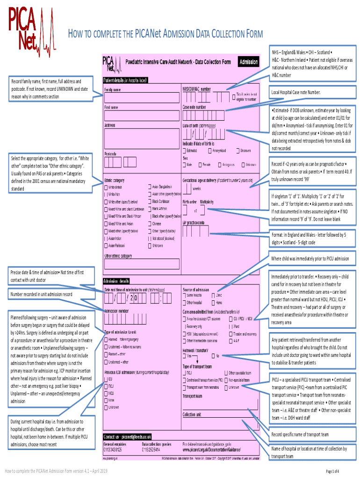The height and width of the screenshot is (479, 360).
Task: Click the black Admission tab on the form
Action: (x=248, y=62)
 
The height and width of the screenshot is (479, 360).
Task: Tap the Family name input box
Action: (x=142, y=97)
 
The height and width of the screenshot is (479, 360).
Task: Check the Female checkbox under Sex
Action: (x=200, y=165)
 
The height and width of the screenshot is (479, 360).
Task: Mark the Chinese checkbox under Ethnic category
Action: (x=149, y=224)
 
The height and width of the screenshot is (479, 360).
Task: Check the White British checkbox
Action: (x=105, y=187)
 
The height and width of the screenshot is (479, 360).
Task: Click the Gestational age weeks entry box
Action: (x=187, y=189)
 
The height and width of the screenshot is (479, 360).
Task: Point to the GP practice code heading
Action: (x=194, y=222)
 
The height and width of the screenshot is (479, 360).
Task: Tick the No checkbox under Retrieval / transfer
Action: (x=213, y=356)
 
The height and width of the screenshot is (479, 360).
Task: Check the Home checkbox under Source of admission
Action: (x=213, y=303)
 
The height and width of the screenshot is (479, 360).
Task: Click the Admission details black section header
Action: (x=116, y=281)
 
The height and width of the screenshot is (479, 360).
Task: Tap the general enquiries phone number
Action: (x=113, y=450)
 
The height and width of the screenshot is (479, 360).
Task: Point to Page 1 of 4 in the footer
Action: (x=332, y=471)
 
